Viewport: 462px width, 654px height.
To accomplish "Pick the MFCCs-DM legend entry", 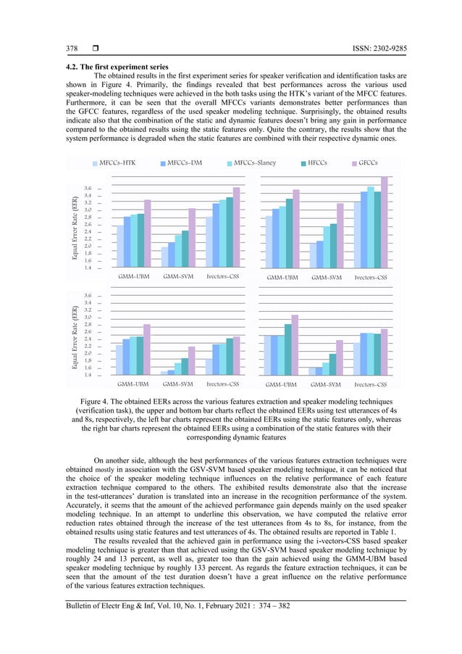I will click(x=183, y=163).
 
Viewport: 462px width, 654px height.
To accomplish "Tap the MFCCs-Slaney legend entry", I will click(x=254, y=163).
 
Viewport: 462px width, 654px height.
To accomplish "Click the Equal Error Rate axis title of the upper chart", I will click(x=75, y=228).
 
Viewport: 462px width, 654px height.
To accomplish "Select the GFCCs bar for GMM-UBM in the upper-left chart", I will click(x=147, y=233).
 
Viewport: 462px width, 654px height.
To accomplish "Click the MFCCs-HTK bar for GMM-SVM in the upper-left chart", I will click(x=164, y=257).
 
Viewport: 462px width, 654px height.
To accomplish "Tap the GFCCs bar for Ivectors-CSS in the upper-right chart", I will click(x=385, y=222).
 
